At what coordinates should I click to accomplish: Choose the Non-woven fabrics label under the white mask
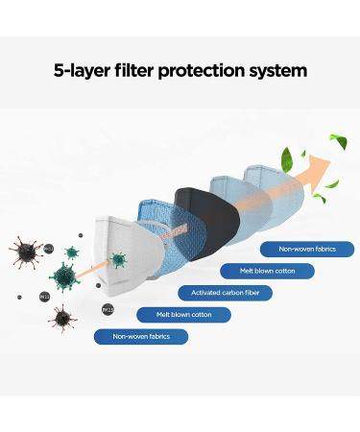tap(141, 336)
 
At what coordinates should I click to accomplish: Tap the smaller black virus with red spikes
tap(64, 316)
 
